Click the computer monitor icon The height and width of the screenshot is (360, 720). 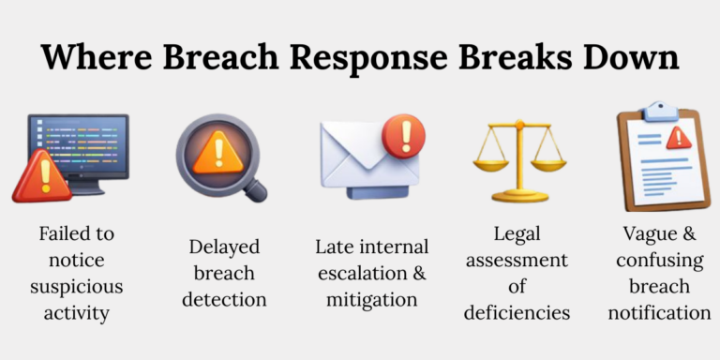(x=81, y=150)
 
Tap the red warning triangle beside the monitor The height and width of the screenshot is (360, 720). (x=41, y=177)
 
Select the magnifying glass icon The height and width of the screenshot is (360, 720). (x=218, y=156)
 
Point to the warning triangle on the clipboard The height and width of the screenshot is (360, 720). (x=678, y=139)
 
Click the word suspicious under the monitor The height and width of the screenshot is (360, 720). (x=76, y=286)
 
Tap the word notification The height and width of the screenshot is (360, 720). (x=659, y=312)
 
